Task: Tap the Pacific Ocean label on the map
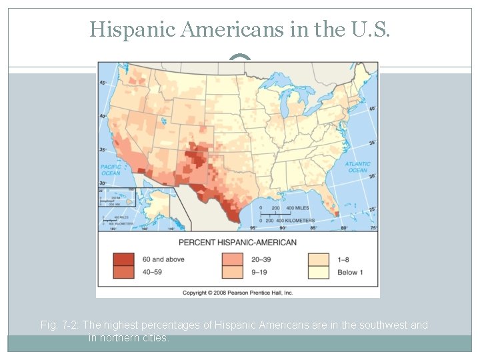[x=111, y=170]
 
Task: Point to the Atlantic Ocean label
[x=357, y=167]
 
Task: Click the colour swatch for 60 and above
[x=123, y=259]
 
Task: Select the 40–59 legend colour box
[x=123, y=271]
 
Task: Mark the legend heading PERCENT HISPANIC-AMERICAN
[x=237, y=242]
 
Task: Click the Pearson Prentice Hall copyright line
[x=237, y=293]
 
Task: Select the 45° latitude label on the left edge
[x=103, y=83]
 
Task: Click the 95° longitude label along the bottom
[x=253, y=227]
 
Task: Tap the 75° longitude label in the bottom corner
[x=373, y=227]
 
